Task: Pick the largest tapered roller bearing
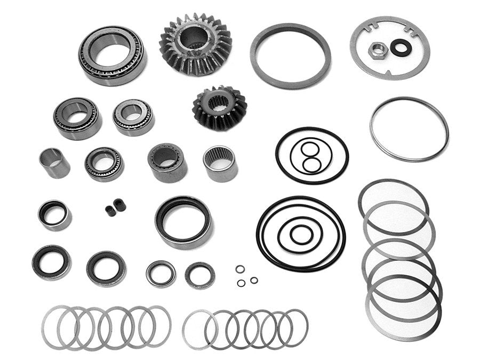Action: (113, 55)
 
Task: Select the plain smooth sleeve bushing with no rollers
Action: (54, 162)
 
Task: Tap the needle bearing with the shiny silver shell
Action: (219, 164)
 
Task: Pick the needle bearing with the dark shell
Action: (167, 162)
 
